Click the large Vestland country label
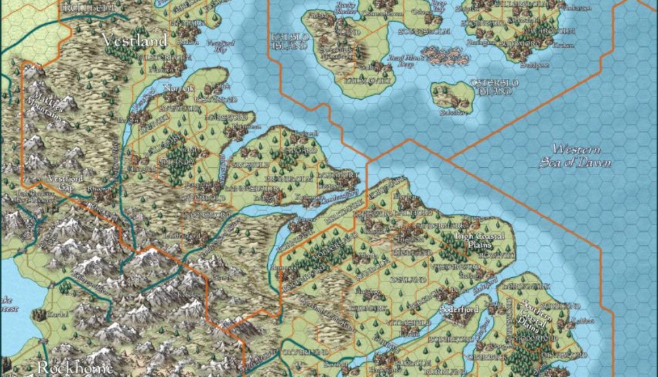tap(134, 40)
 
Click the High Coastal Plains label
tap(475, 240)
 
